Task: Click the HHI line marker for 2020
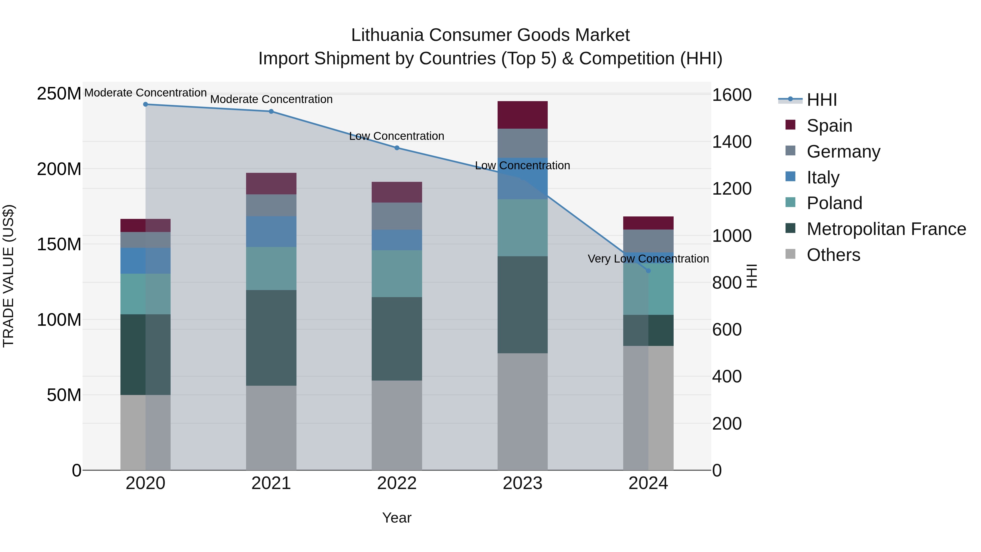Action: click(x=146, y=104)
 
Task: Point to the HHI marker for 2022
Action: click(x=397, y=148)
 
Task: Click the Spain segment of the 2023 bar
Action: click(x=522, y=115)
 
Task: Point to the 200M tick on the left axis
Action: click(x=59, y=169)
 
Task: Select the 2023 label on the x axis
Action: click(x=522, y=483)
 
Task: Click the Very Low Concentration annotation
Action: click(x=648, y=259)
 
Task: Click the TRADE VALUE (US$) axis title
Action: click(x=8, y=276)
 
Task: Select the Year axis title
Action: click(x=397, y=518)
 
